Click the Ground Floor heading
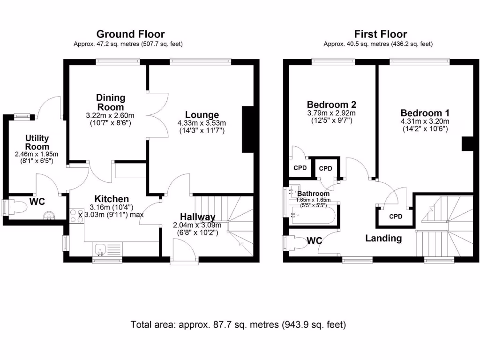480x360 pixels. pos(130,34)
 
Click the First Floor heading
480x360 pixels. pos(381,34)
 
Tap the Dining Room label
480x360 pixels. pos(111,102)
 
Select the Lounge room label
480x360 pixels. pos(202,115)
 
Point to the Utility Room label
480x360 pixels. pos(37,142)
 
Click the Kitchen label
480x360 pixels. pos(112,199)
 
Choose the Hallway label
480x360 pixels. pos(197,217)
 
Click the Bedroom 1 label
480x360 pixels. pos(425,113)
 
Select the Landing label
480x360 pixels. pos(383,239)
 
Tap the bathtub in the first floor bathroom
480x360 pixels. pos(312,216)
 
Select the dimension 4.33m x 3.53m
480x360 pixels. pos(202,124)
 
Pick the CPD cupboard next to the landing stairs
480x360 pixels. pos(396,217)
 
